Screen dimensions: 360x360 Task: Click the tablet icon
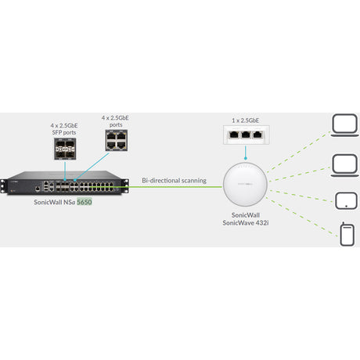pyautogui.click(x=344, y=199)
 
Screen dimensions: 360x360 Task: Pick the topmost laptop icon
pyautogui.click(x=344, y=126)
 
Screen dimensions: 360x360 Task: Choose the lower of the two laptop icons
pyautogui.click(x=344, y=164)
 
